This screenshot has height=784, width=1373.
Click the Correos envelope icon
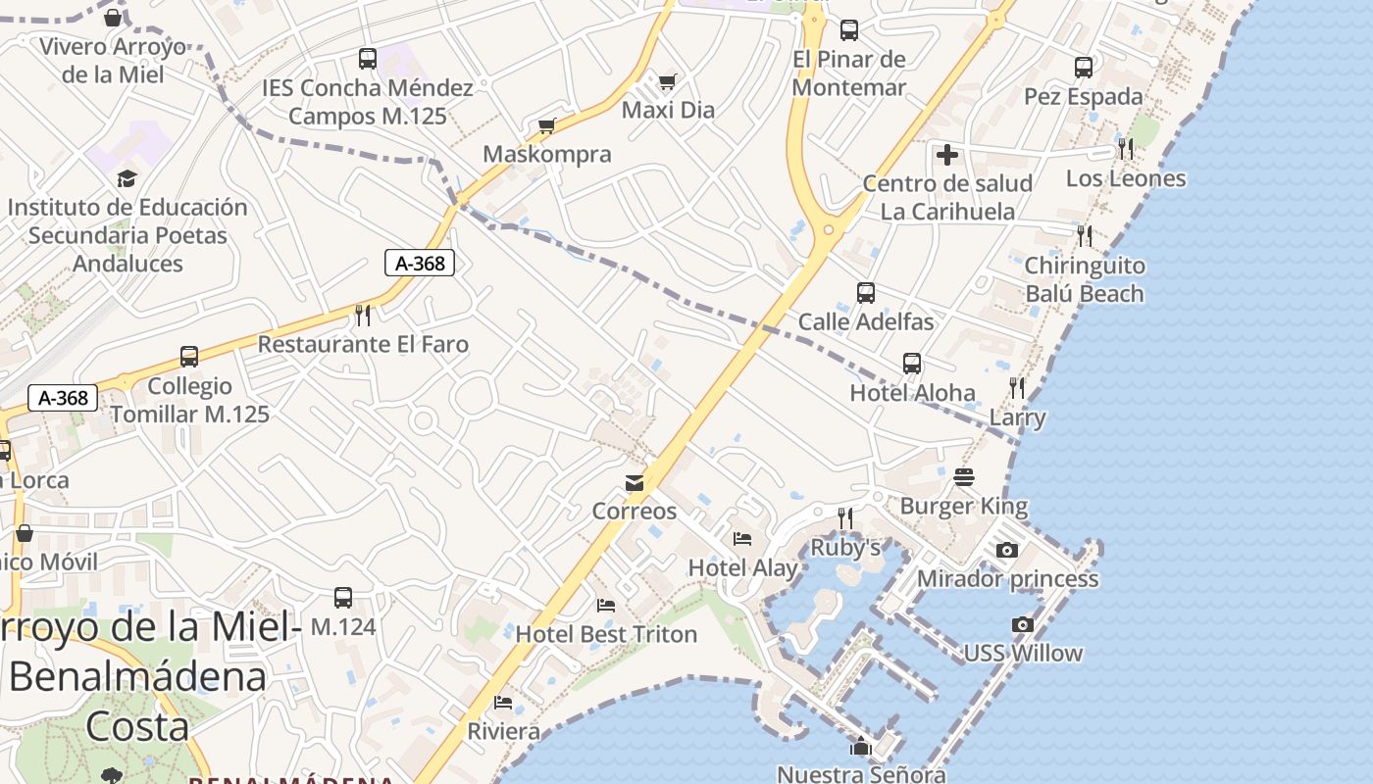pyautogui.click(x=634, y=482)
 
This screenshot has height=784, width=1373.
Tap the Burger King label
pyautogui.click(x=964, y=506)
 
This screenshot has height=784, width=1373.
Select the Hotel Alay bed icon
pyautogui.click(x=742, y=538)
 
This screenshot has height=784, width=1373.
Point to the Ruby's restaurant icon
pyautogui.click(x=844, y=516)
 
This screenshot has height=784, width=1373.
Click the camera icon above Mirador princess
pyautogui.click(x=1007, y=551)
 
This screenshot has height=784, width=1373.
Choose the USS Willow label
pyautogui.click(x=1023, y=653)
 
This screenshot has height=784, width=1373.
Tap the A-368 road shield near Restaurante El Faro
pyautogui.click(x=420, y=263)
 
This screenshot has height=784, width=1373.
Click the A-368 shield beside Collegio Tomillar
pyautogui.click(x=64, y=398)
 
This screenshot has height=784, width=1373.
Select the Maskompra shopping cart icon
pyautogui.click(x=547, y=125)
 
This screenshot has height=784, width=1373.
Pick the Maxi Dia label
pyautogui.click(x=668, y=110)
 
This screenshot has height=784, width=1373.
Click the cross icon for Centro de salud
pyautogui.click(x=947, y=155)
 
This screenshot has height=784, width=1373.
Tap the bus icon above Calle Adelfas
pyautogui.click(x=865, y=292)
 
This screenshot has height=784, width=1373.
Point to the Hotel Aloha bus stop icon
pyautogui.click(x=912, y=364)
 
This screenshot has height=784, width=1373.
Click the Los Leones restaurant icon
pyautogui.click(x=1125, y=149)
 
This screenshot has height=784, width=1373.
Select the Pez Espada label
pyautogui.click(x=1084, y=96)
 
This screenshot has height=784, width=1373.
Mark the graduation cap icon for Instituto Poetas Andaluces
pyautogui.click(x=127, y=178)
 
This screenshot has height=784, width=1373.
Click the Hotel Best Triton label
pyautogui.click(x=606, y=634)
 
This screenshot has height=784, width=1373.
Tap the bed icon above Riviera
pyautogui.click(x=503, y=703)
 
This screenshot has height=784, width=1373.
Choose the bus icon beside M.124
pyautogui.click(x=343, y=597)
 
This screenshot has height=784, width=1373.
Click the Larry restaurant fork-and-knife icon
pyautogui.click(x=1017, y=387)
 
